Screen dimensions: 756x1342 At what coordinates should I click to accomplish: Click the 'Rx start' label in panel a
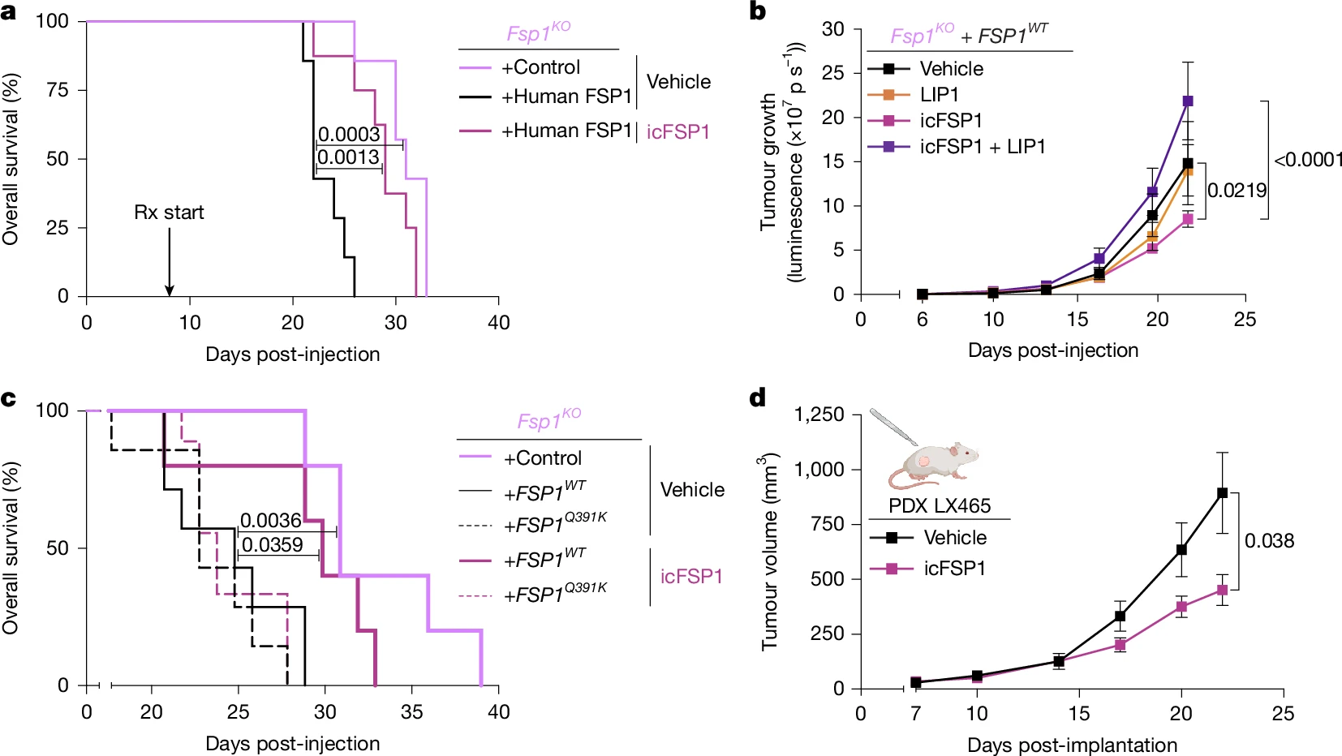169,213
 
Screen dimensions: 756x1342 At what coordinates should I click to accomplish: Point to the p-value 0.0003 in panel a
349,134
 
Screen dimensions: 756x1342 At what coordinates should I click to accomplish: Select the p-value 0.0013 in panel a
349,157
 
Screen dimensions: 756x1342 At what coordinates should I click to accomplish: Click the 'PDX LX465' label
940,506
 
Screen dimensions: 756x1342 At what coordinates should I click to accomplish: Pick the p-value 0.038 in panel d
1269,541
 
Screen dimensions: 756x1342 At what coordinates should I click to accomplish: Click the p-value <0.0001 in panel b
1308,160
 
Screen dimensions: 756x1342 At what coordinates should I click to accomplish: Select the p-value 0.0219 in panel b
1237,191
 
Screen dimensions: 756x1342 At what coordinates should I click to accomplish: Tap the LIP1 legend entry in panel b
940,95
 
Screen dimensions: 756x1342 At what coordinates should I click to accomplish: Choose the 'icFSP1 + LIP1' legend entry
982,147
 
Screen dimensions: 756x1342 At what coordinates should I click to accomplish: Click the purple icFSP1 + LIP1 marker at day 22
1188,101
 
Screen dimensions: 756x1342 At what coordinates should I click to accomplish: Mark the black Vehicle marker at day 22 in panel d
1222,493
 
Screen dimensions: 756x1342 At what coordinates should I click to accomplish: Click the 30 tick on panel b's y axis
832,29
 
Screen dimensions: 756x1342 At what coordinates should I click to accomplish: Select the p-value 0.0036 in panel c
271,520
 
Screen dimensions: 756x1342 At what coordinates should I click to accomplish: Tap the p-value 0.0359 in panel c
273,544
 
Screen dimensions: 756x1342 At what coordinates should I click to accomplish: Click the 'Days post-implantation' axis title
1072,745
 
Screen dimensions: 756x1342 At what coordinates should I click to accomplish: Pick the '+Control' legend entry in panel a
540,67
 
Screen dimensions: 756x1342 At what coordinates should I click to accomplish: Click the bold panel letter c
9,398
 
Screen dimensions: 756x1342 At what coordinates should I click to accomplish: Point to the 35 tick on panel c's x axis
412,711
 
